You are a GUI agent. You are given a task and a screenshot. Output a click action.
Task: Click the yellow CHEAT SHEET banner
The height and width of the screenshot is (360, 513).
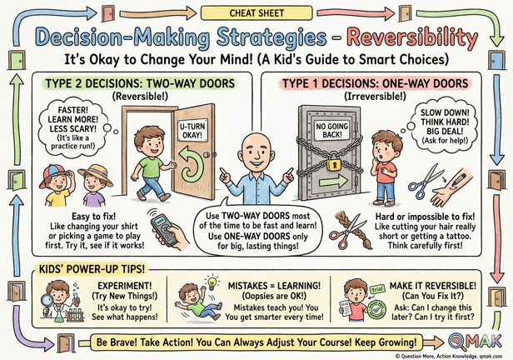pyautogui.click(x=256, y=13)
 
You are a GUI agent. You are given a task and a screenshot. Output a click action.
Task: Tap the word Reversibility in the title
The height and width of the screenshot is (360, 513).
pyautogui.click(x=412, y=38)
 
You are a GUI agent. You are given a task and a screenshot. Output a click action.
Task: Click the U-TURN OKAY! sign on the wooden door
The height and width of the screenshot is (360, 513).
pyautogui.click(x=192, y=130)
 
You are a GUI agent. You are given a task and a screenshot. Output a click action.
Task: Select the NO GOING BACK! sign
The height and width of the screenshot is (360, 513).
pyautogui.click(x=331, y=130)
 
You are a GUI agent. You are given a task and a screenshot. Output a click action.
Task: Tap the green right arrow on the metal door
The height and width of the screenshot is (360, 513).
pyautogui.click(x=333, y=180)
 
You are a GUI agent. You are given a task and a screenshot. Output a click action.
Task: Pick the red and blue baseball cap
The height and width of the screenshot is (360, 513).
pyautogui.click(x=53, y=174)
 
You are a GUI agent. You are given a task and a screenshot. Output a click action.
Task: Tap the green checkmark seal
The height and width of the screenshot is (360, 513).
pyautogui.click(x=377, y=309)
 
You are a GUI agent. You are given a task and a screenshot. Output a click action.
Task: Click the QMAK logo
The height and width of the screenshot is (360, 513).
pyautogui.click(x=475, y=342)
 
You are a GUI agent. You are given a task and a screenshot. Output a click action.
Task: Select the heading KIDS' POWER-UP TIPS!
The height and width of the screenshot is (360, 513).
pyautogui.click(x=92, y=269)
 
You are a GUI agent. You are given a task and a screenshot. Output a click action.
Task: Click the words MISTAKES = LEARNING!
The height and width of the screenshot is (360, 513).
pyautogui.click(x=274, y=286)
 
